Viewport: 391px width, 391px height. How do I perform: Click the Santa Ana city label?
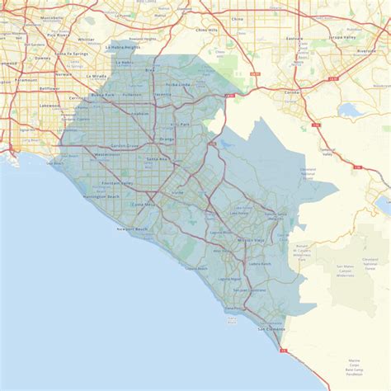[x=157, y=159]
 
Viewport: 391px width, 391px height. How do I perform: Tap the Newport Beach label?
[x=131, y=228]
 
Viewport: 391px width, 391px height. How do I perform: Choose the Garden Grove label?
[x=126, y=145]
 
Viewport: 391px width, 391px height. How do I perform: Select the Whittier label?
[x=86, y=39]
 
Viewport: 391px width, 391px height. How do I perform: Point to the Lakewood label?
[x=50, y=106]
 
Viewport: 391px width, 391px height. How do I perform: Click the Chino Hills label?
[x=206, y=30]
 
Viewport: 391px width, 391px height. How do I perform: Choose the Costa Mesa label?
[x=143, y=203]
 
